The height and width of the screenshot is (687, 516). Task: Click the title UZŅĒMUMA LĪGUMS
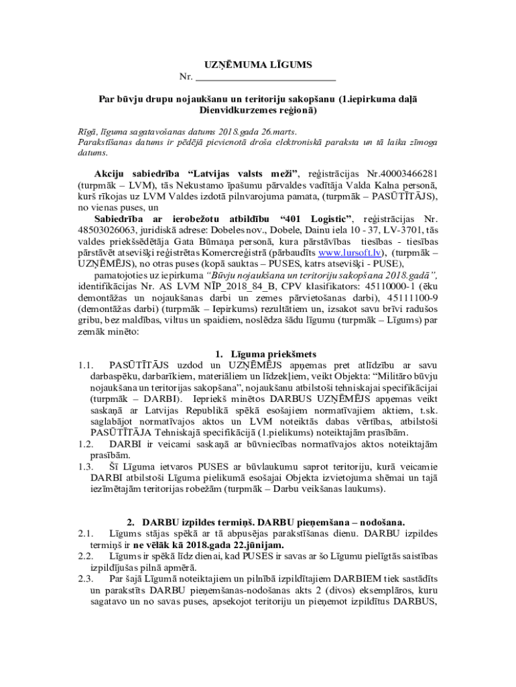[258, 64]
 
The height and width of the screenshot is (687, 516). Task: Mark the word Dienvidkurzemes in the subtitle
[235, 109]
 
